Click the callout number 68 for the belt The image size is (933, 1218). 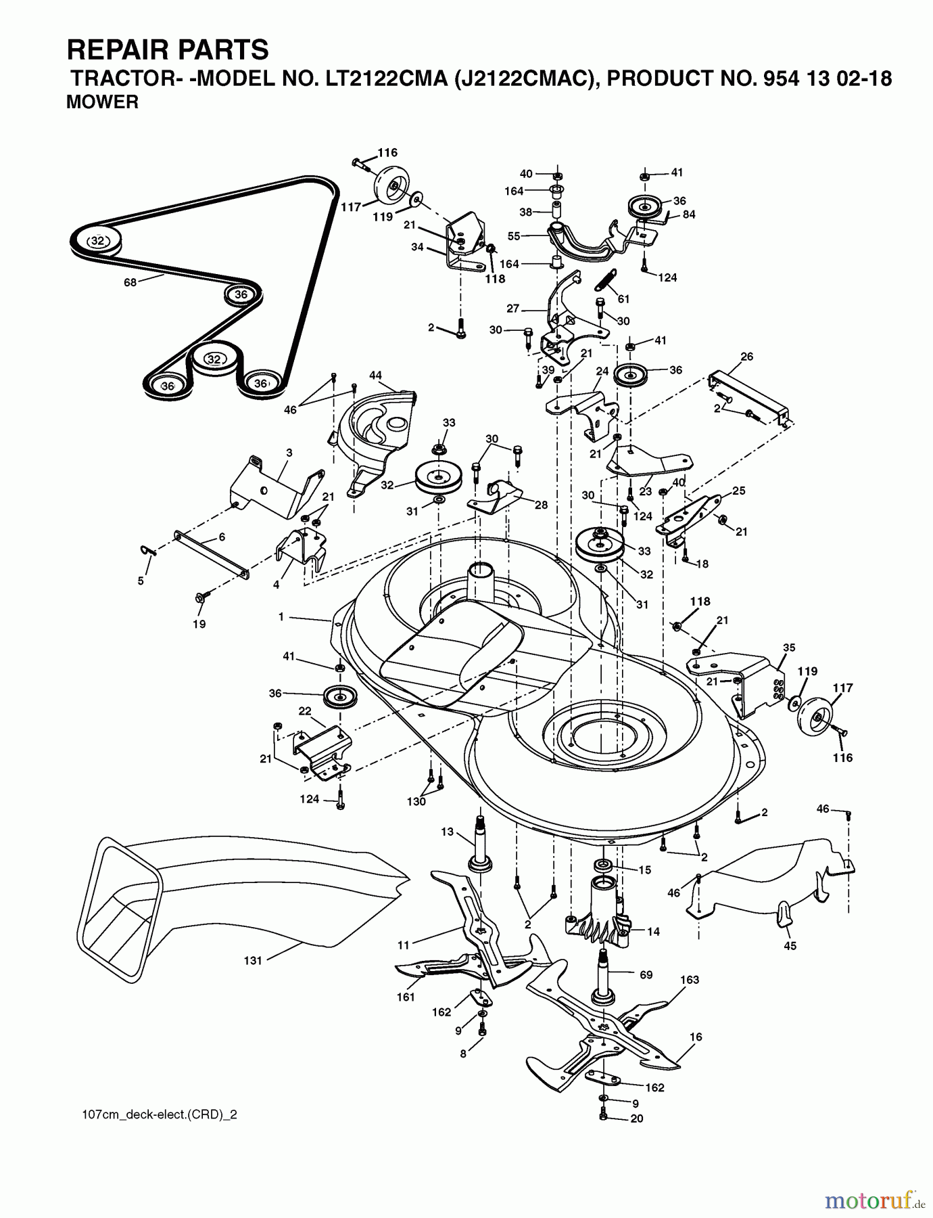(x=130, y=282)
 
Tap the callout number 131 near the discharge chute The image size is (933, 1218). (x=252, y=960)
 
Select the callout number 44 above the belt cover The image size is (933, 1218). (x=375, y=375)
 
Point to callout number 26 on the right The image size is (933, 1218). (x=746, y=357)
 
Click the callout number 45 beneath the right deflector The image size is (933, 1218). (x=790, y=945)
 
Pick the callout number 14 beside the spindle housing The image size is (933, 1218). (x=653, y=931)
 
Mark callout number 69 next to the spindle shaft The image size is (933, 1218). (x=646, y=974)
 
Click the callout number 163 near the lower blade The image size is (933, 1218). (x=690, y=979)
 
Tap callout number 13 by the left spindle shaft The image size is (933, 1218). (x=447, y=832)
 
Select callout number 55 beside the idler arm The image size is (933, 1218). (x=514, y=236)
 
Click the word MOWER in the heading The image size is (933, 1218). (x=102, y=102)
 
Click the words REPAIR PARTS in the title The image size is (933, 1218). (x=168, y=50)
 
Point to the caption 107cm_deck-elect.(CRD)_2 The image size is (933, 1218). (x=156, y=1114)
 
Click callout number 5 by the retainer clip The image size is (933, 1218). (x=141, y=581)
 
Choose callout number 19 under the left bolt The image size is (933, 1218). (x=199, y=624)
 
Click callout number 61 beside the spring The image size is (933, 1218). (x=623, y=298)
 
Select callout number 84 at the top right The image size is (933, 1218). (x=688, y=215)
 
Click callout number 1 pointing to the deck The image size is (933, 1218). (x=281, y=616)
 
